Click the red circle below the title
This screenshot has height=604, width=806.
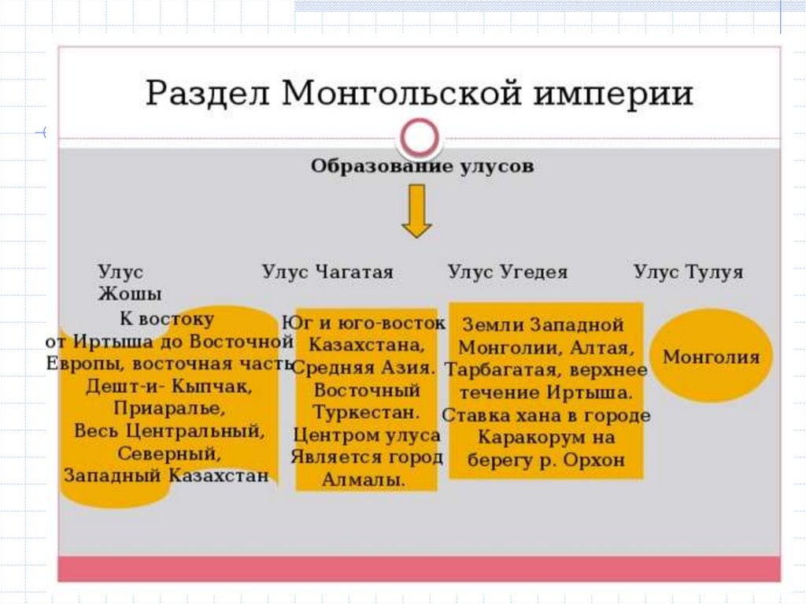click(418, 139)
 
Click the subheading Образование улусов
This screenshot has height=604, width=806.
click(422, 167)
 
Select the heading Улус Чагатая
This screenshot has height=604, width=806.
click(327, 272)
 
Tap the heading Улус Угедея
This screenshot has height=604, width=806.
click(508, 272)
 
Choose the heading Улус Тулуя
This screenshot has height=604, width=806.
click(688, 272)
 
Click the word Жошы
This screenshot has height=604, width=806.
click(130, 295)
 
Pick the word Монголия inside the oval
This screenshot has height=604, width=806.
click(711, 357)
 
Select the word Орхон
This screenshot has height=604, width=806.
click(593, 460)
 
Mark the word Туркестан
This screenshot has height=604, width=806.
click(367, 412)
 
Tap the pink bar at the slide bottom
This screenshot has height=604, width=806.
click(420, 568)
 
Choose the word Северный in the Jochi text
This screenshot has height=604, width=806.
click(169, 454)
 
